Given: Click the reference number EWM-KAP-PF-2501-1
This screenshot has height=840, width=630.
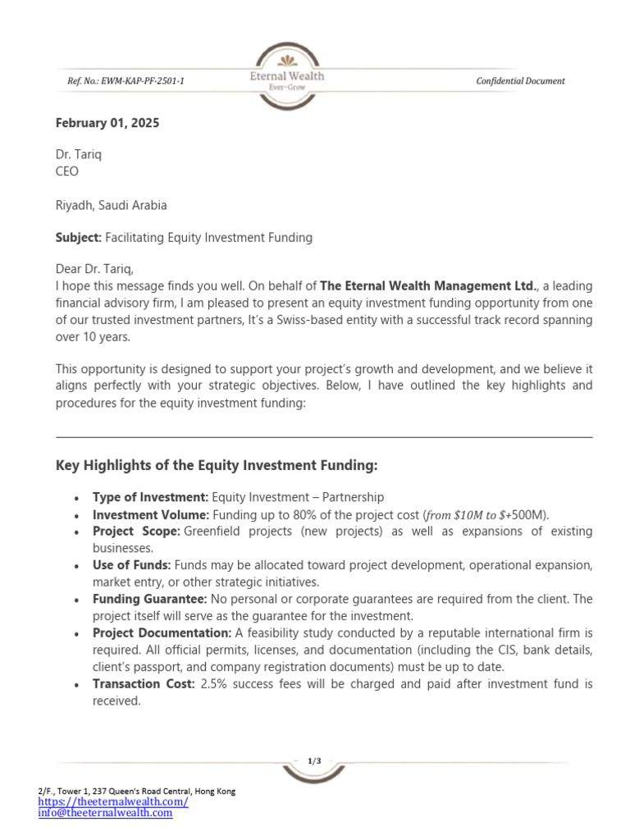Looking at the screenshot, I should click(x=126, y=80).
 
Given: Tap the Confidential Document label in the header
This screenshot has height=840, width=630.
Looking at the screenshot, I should click(x=520, y=80).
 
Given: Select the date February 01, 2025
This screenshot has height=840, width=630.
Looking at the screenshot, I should click(x=107, y=123).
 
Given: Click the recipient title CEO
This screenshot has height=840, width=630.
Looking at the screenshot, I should click(x=67, y=171).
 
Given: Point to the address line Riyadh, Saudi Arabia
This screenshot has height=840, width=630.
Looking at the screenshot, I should click(x=111, y=205).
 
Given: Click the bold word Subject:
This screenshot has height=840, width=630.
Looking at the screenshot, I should click(x=79, y=238).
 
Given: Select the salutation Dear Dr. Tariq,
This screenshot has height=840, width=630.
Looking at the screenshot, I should click(x=94, y=270).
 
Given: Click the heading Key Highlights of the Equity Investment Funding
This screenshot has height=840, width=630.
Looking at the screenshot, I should click(x=217, y=465).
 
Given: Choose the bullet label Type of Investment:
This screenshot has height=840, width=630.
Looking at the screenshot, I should click(x=150, y=497).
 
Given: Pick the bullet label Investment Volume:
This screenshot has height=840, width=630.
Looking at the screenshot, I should click(x=151, y=514).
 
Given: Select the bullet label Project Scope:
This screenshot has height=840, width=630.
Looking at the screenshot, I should click(x=136, y=532).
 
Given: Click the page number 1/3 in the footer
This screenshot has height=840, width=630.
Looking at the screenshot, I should click(x=314, y=761).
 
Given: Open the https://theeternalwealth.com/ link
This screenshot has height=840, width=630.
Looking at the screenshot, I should click(x=113, y=801).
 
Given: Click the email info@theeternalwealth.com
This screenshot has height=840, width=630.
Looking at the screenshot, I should click(x=105, y=812).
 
